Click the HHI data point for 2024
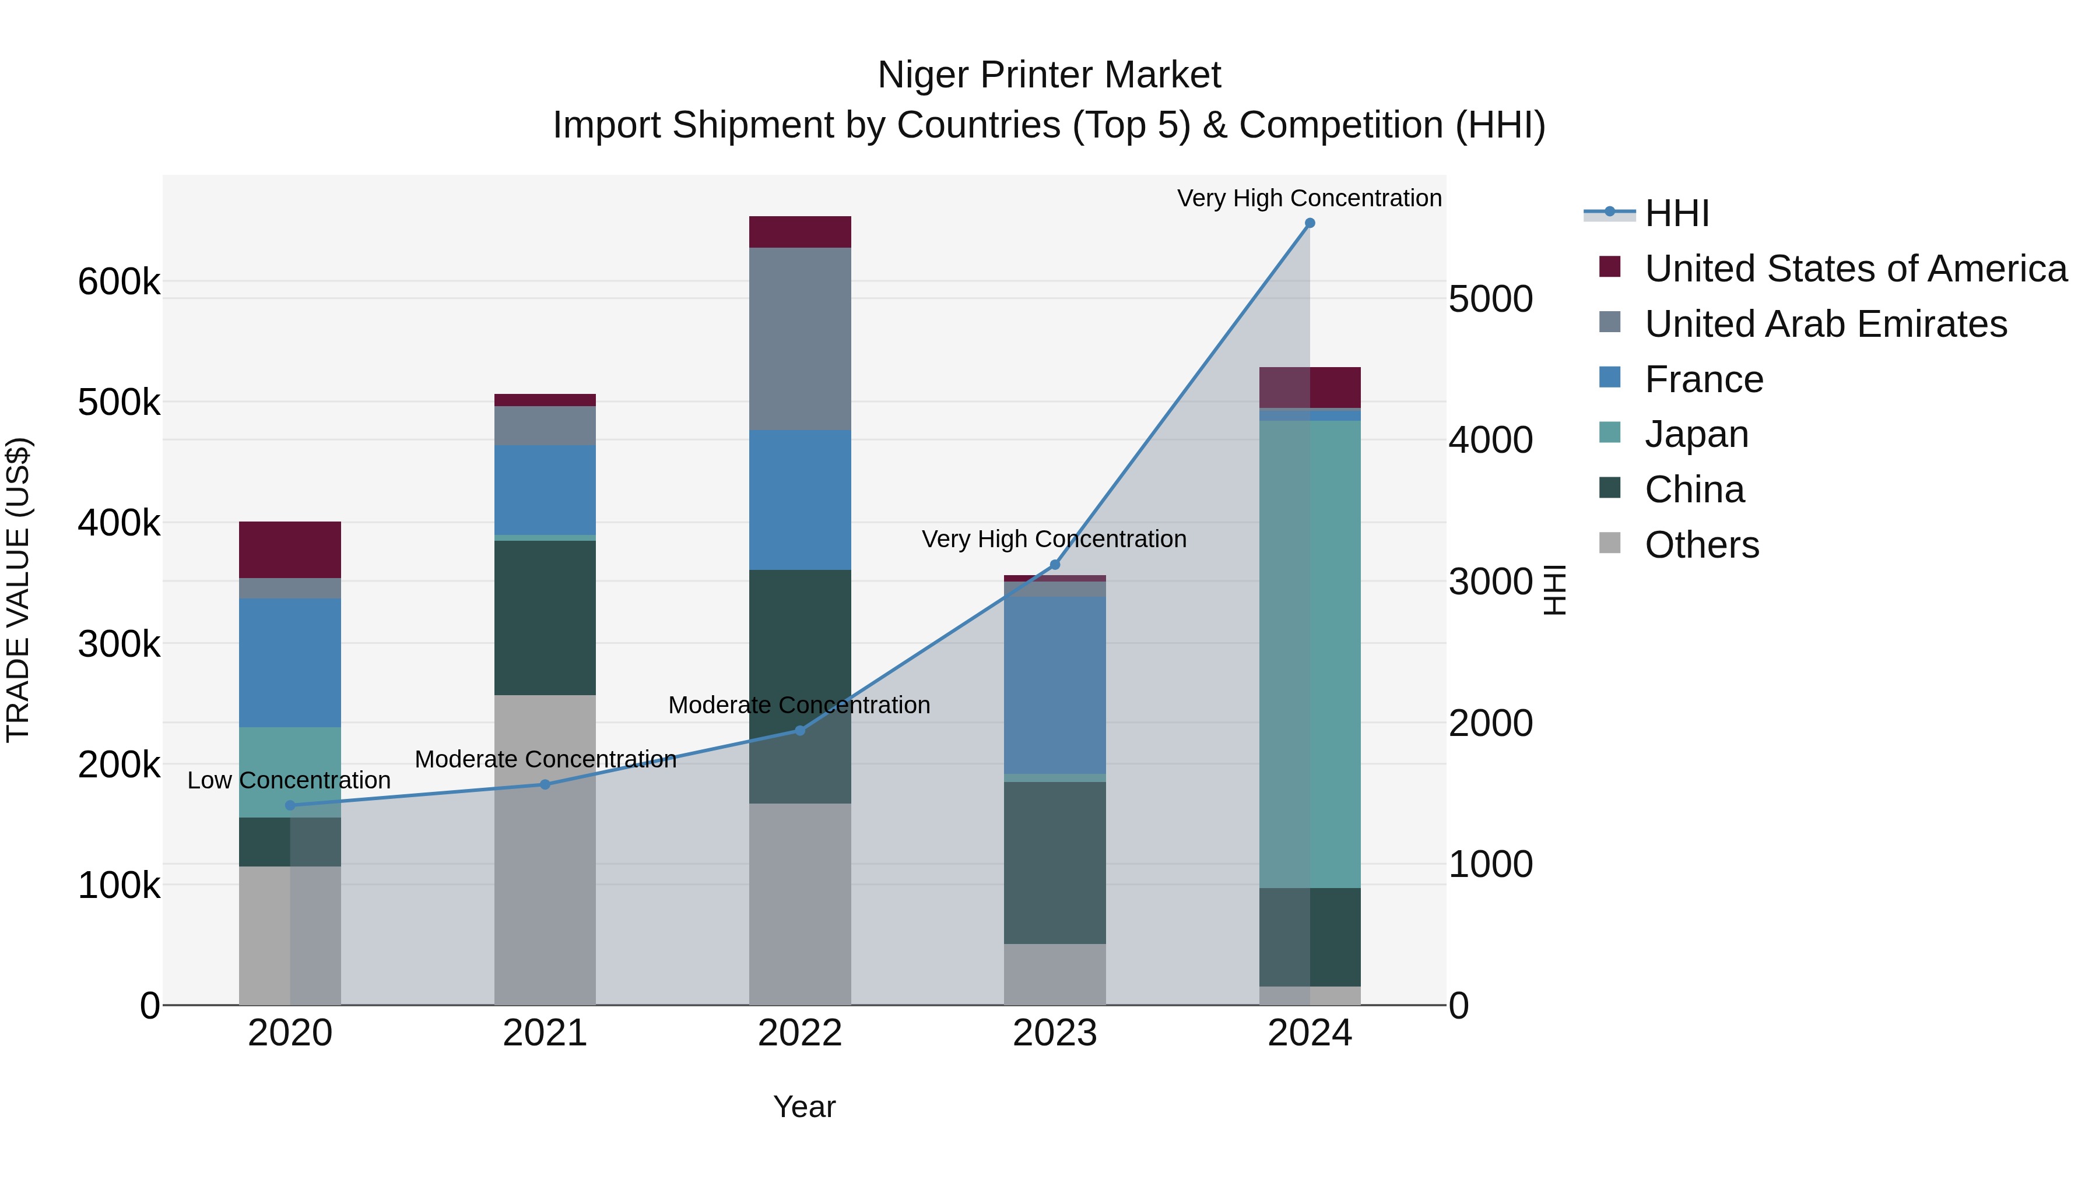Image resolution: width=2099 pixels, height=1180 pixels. point(1310,223)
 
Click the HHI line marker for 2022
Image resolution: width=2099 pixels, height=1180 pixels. point(799,731)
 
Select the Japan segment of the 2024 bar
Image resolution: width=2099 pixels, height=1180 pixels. point(1310,651)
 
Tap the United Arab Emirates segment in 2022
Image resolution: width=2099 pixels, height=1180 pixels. point(799,338)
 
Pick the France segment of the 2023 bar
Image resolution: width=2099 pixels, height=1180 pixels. point(1054,684)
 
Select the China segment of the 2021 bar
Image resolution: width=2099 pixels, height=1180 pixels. point(545,617)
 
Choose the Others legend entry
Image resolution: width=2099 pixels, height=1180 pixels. point(1701,545)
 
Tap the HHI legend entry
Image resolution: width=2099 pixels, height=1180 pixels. point(1676,213)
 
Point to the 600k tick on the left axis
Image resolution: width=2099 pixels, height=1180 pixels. point(119,283)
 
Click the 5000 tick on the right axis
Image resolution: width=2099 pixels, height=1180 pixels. point(1490,299)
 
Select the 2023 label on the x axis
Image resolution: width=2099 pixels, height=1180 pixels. point(1054,1033)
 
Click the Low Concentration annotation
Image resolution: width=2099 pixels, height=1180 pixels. point(289,780)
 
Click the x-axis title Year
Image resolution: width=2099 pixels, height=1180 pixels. point(803,1107)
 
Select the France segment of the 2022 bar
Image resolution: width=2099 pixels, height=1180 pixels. point(799,499)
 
